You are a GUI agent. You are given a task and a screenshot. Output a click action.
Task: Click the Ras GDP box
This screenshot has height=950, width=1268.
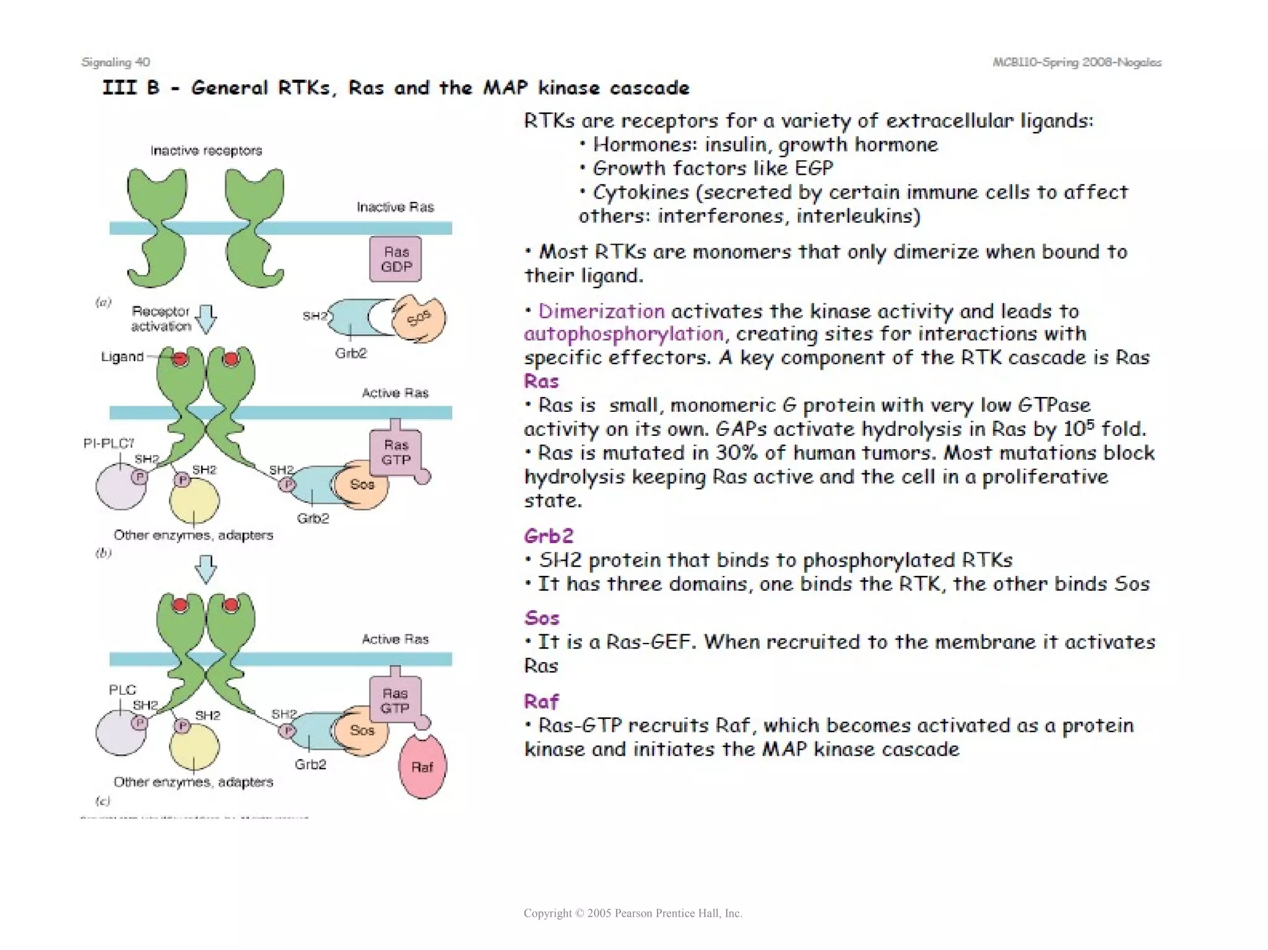click(396, 259)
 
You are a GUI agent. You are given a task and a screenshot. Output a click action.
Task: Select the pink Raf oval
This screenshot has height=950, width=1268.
click(422, 767)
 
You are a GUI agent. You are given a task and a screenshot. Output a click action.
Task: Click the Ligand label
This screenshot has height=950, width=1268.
click(122, 357)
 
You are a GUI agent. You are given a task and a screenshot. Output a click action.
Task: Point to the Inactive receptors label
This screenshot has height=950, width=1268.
click(206, 150)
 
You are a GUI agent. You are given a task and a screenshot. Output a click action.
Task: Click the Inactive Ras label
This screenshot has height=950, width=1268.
click(395, 207)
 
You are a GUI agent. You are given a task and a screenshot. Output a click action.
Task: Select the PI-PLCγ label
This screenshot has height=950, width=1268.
click(109, 443)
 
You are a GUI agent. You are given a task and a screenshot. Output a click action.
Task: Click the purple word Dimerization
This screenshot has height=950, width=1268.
click(601, 310)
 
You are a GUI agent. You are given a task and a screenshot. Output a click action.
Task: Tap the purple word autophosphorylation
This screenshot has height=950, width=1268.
click(623, 334)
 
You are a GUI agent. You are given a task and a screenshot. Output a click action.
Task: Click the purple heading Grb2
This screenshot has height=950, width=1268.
click(549, 536)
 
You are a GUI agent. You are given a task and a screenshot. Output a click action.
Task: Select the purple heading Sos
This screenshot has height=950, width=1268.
click(542, 617)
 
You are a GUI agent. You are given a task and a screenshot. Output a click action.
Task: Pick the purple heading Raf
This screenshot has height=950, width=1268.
click(541, 701)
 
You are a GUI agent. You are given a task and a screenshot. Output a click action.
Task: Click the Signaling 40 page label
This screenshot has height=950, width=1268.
click(115, 62)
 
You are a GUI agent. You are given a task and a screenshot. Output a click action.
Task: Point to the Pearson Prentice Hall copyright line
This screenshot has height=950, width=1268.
click(633, 913)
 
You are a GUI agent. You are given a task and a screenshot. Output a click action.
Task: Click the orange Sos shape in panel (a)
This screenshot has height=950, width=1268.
click(419, 319)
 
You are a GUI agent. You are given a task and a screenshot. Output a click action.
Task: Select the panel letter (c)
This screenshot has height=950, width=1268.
click(103, 801)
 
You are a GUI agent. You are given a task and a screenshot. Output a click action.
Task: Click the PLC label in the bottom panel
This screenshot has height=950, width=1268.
click(122, 690)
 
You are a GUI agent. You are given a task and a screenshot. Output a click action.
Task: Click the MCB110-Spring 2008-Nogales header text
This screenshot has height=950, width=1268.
click(1077, 62)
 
